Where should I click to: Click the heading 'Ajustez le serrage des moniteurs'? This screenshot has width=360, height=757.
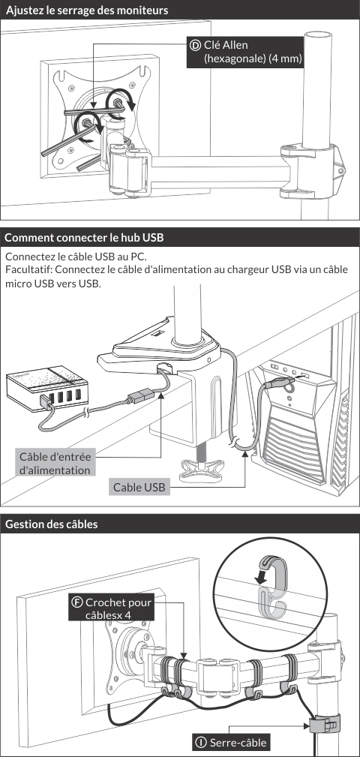(x=87, y=11)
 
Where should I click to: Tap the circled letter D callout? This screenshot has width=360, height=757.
(x=195, y=45)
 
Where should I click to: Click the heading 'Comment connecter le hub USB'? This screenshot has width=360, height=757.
(x=85, y=238)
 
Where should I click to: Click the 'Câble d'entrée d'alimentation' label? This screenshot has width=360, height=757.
(x=55, y=463)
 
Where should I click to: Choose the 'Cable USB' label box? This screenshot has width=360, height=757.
(x=139, y=487)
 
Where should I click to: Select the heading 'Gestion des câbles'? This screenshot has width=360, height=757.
(x=52, y=524)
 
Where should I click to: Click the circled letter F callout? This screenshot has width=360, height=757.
(x=76, y=602)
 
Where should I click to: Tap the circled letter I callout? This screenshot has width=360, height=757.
(x=199, y=742)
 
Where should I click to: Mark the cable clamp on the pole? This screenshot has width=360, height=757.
(x=324, y=723)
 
